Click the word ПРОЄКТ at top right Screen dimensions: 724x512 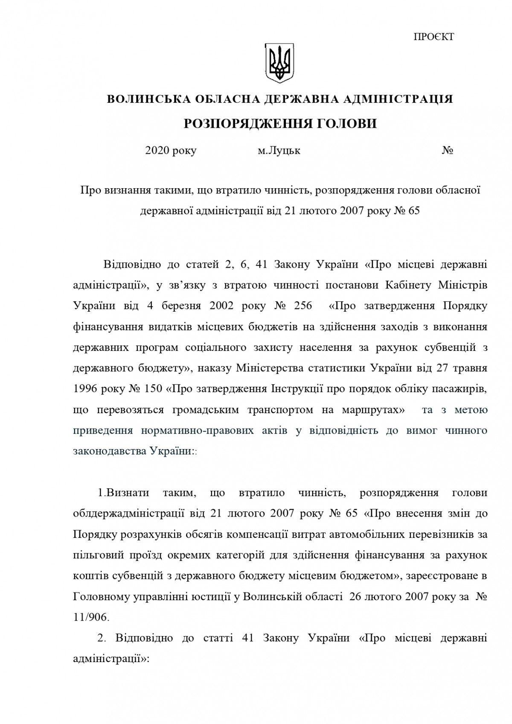coord(433,37)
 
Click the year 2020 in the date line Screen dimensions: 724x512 coord(157,151)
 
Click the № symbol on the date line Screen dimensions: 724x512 coord(447,151)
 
